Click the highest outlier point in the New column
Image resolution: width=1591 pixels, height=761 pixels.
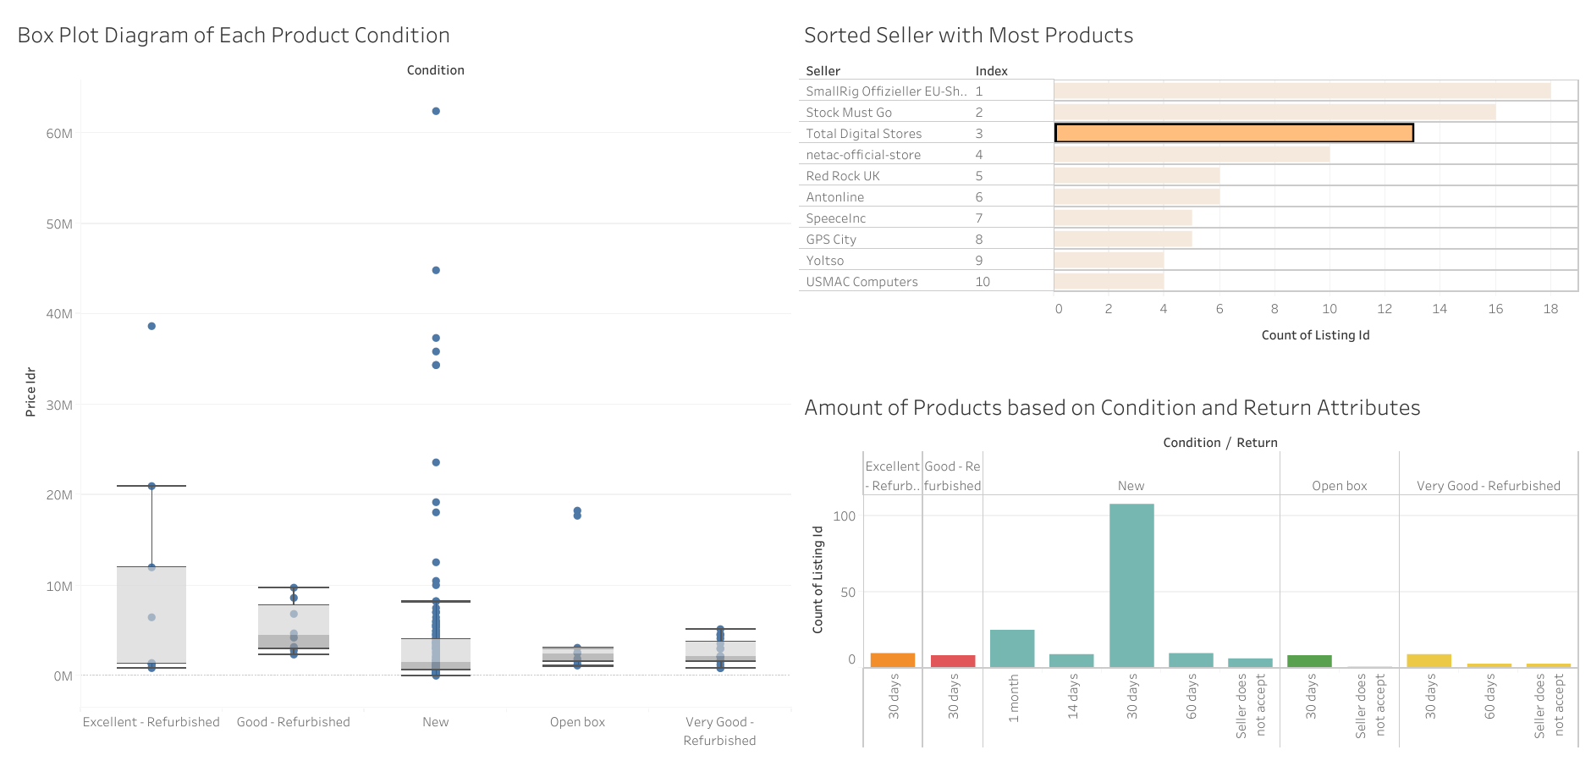pos(436,111)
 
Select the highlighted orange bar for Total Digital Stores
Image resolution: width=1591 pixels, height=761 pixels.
pos(1234,133)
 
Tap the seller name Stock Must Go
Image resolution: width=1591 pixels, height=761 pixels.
pos(849,113)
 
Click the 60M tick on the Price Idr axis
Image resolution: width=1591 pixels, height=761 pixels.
pos(59,134)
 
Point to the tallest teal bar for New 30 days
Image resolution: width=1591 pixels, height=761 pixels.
pos(1131,585)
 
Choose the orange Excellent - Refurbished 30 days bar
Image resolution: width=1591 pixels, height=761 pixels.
pos(893,660)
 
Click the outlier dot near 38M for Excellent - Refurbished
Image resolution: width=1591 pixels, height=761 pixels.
pos(151,326)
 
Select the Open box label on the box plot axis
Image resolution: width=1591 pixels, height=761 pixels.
pos(577,722)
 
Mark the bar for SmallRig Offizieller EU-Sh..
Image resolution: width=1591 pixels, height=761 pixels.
pos(1302,91)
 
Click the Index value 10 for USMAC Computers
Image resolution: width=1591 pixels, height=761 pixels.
pos(983,282)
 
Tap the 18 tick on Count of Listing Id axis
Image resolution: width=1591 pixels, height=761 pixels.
pos(1550,309)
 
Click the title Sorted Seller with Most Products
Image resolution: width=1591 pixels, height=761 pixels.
pos(968,36)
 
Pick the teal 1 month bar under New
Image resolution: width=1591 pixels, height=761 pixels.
pos(1012,648)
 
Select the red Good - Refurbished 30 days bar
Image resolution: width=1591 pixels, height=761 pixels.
pos(953,661)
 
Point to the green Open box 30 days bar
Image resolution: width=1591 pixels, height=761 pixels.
pos(1309,661)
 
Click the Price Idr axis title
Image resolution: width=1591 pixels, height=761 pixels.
pos(30,392)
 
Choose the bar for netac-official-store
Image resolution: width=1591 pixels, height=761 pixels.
pos(1192,154)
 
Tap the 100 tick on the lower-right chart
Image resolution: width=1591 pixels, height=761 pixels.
pos(844,516)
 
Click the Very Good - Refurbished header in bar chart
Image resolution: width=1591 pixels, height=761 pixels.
pos(1488,486)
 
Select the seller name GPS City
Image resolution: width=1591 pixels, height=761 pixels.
pos(831,240)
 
